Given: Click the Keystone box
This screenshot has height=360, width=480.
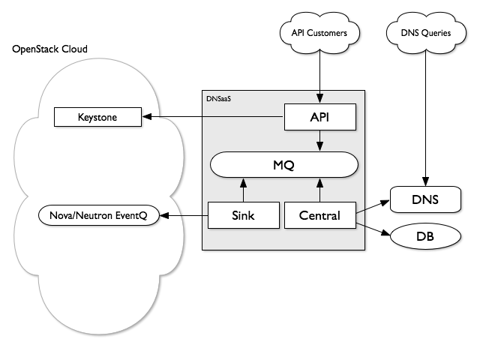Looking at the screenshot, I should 97,117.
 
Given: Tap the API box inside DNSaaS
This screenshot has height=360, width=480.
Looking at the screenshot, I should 320,117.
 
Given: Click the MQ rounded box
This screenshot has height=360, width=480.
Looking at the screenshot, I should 283,165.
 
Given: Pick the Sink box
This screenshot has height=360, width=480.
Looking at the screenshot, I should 243,216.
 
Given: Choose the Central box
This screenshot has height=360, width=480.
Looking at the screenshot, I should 320,216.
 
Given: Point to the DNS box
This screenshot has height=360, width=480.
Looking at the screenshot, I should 424,200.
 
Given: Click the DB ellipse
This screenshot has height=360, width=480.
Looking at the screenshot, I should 424,237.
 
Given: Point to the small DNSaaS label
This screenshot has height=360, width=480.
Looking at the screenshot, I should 218,98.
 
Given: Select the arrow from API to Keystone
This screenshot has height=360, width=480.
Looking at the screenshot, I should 214,117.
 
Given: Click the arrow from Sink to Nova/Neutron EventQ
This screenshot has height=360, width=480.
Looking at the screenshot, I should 187,216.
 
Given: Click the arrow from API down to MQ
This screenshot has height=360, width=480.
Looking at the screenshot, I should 320,140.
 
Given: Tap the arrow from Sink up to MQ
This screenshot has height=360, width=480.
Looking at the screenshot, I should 243,190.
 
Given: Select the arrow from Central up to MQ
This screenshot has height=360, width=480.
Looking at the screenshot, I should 320,190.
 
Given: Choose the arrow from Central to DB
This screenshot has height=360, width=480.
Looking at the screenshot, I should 374,227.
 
